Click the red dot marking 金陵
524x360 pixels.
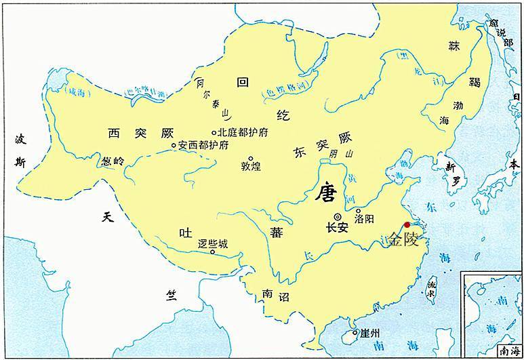click(407, 225)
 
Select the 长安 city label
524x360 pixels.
click(337, 228)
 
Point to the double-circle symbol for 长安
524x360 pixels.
click(337, 216)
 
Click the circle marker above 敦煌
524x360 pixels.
click(251, 158)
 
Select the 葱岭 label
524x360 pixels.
click(114, 162)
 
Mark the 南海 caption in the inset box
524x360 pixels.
click(508, 351)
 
